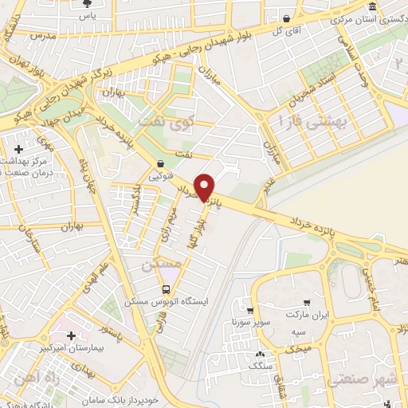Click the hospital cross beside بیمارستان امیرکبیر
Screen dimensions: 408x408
pos(73,337)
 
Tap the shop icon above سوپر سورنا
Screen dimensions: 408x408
pos(251,311)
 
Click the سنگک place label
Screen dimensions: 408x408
pos(261,367)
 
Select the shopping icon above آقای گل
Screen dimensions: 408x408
pos(285,18)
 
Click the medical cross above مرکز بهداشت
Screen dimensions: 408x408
pos(19,149)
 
